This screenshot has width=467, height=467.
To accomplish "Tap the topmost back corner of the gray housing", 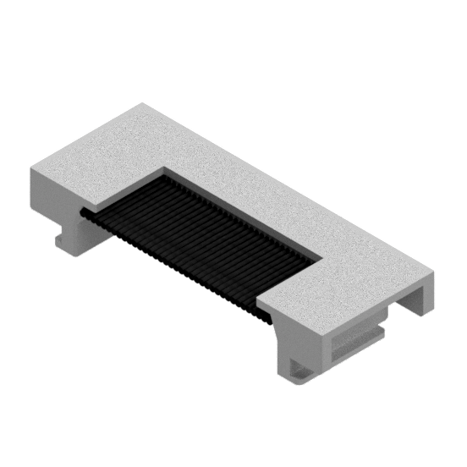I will pos(140,102).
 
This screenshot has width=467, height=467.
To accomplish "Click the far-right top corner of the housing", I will pos(435,272).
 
